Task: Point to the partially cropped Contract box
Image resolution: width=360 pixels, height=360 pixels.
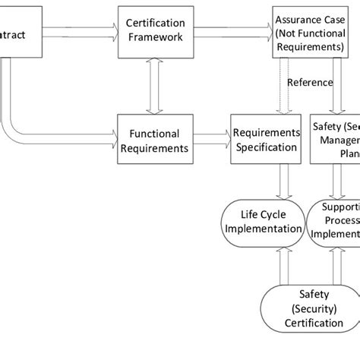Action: (x=19, y=33)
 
